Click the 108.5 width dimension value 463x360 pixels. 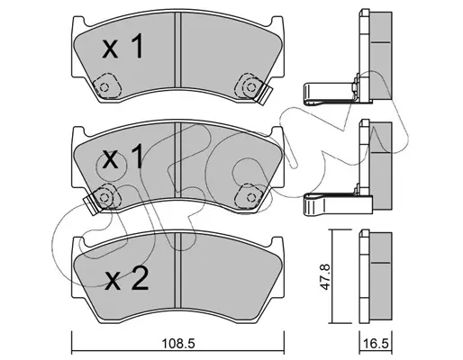[x=178, y=343]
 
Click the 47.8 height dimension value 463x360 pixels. [x=325, y=276]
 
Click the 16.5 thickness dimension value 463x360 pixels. [x=376, y=343]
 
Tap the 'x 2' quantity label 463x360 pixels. [x=127, y=279]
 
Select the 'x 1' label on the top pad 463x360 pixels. [x=123, y=46]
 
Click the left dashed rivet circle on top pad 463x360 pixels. [x=104, y=87]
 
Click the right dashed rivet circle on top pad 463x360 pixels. [x=250, y=87]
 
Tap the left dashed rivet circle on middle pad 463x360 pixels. [x=104, y=197]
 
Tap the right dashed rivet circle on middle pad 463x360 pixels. [x=250, y=197]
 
